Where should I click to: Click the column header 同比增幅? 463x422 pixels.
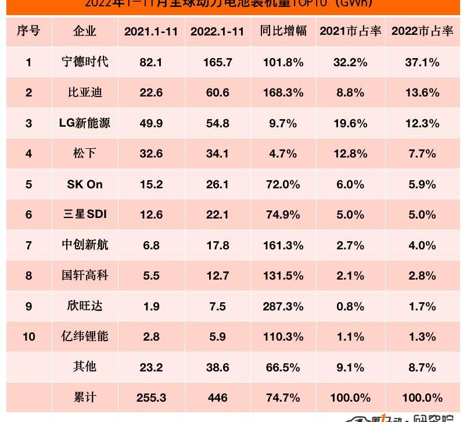(x=283, y=31)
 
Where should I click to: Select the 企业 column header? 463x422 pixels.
(x=85, y=31)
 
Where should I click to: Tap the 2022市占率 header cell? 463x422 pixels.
(x=422, y=31)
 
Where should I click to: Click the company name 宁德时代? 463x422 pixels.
(x=85, y=62)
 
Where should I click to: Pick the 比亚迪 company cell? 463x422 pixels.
(x=85, y=92)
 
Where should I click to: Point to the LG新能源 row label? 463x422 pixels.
(x=85, y=123)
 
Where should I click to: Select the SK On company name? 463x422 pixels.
(x=85, y=184)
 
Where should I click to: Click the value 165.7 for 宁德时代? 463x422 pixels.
(x=217, y=62)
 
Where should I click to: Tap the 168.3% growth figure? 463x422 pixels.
(x=283, y=92)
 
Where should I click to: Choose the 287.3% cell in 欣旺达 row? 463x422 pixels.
(x=283, y=306)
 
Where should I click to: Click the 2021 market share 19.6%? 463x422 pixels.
(x=350, y=123)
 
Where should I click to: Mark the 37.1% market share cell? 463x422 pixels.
(x=422, y=62)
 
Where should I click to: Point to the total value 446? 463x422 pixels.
(x=217, y=398)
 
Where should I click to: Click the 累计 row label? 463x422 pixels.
(x=85, y=398)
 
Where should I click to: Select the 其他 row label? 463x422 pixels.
(x=85, y=367)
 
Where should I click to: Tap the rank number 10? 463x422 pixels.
(x=28, y=337)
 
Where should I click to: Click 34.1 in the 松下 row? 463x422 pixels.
(x=217, y=154)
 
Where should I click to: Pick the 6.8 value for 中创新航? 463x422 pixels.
(x=151, y=245)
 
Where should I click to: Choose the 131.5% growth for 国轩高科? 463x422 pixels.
(x=283, y=276)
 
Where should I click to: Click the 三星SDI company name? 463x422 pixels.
(x=85, y=214)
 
